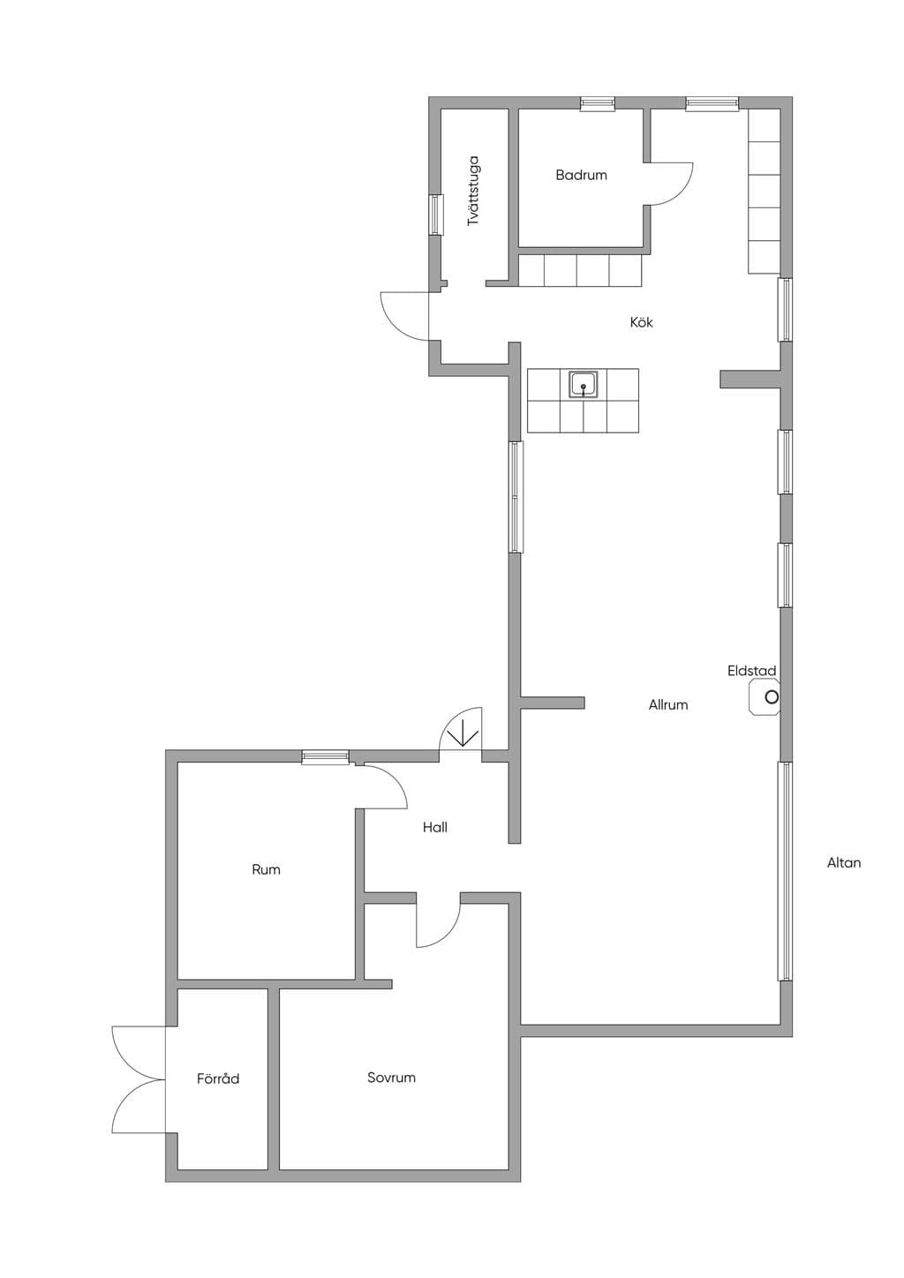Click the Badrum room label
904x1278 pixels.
click(x=581, y=175)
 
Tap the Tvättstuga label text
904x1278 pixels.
click(x=473, y=191)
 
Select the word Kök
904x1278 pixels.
click(x=641, y=322)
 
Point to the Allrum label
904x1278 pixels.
click(x=667, y=704)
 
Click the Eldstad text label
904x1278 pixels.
click(x=751, y=671)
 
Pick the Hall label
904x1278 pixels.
click(x=435, y=827)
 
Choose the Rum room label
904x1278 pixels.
click(x=266, y=869)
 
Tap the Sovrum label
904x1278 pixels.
click(x=391, y=1078)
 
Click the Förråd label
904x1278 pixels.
click(x=218, y=1079)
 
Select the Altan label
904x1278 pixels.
click(x=843, y=862)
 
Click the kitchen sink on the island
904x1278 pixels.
click(x=584, y=385)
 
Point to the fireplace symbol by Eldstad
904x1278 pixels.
click(x=765, y=696)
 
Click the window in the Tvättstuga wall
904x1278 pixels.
click(x=437, y=214)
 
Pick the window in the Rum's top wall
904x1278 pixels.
click(x=325, y=756)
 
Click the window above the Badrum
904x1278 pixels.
click(x=598, y=103)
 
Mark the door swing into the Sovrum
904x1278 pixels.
click(x=438, y=927)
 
